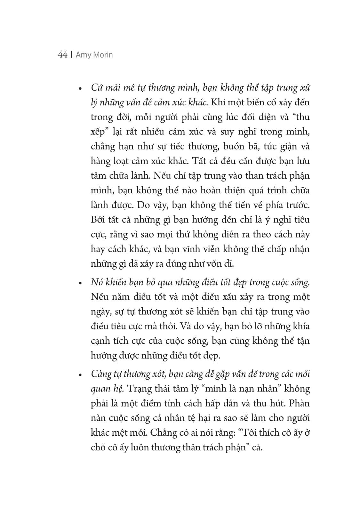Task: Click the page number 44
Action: point(62,55)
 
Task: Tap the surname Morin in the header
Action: point(103,55)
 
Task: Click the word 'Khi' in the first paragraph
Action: point(219,103)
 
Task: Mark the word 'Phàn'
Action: point(299,403)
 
